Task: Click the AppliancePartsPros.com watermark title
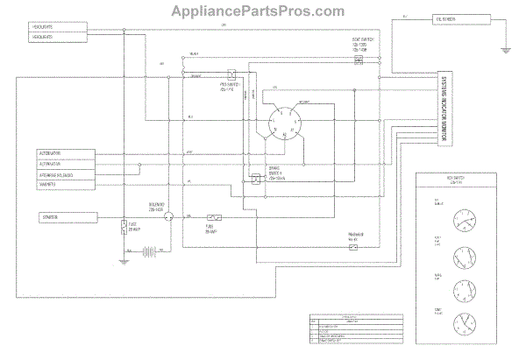click(x=264, y=11)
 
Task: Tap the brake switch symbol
click(x=254, y=179)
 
